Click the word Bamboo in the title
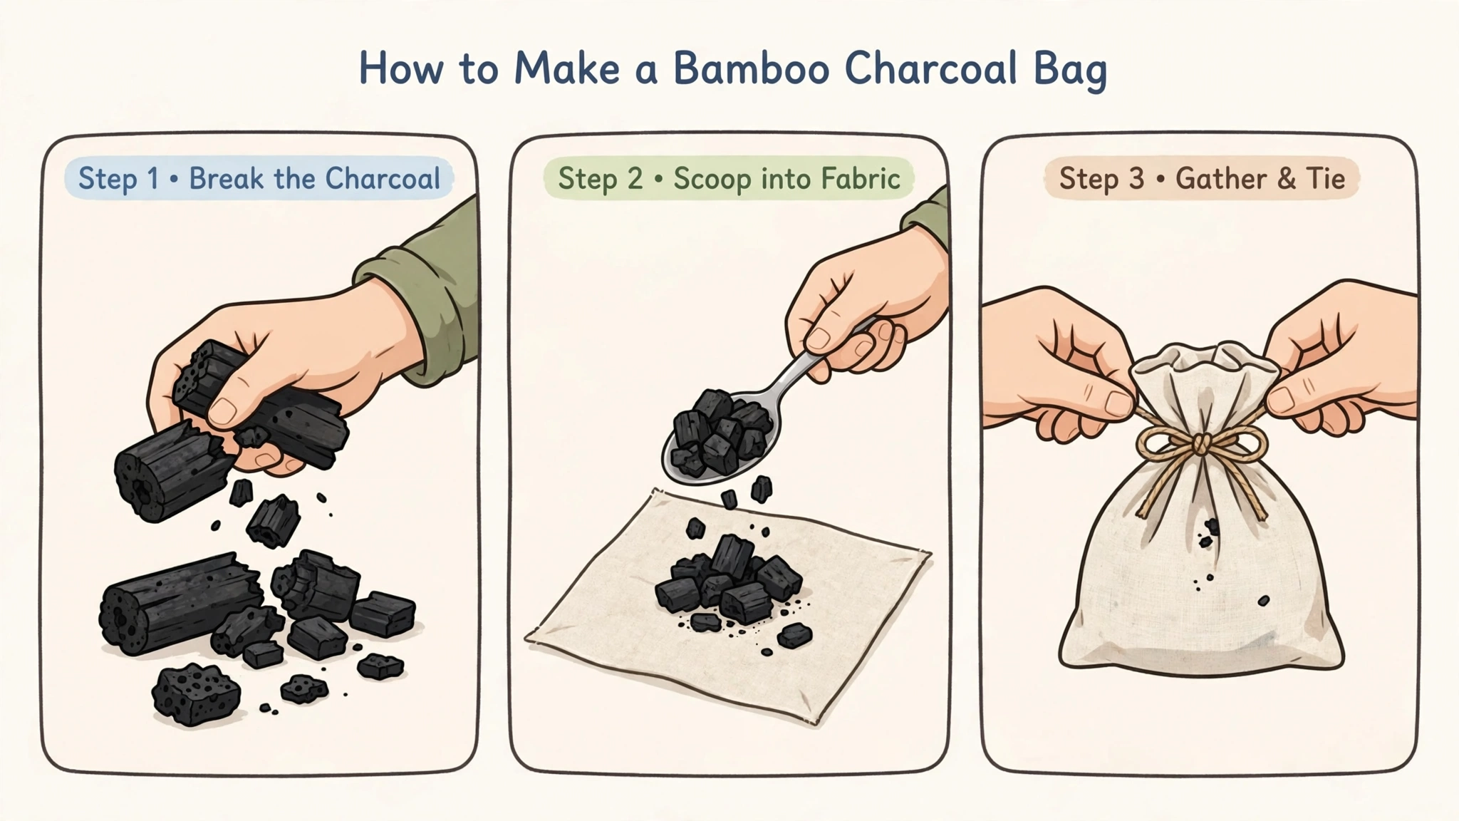(751, 69)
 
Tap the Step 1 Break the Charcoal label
(259, 178)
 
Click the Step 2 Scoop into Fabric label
(728, 178)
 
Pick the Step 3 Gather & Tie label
(1202, 178)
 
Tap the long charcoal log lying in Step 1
(176, 602)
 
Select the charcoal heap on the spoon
(721, 432)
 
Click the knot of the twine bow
(1201, 444)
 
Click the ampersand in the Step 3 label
(1286, 178)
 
